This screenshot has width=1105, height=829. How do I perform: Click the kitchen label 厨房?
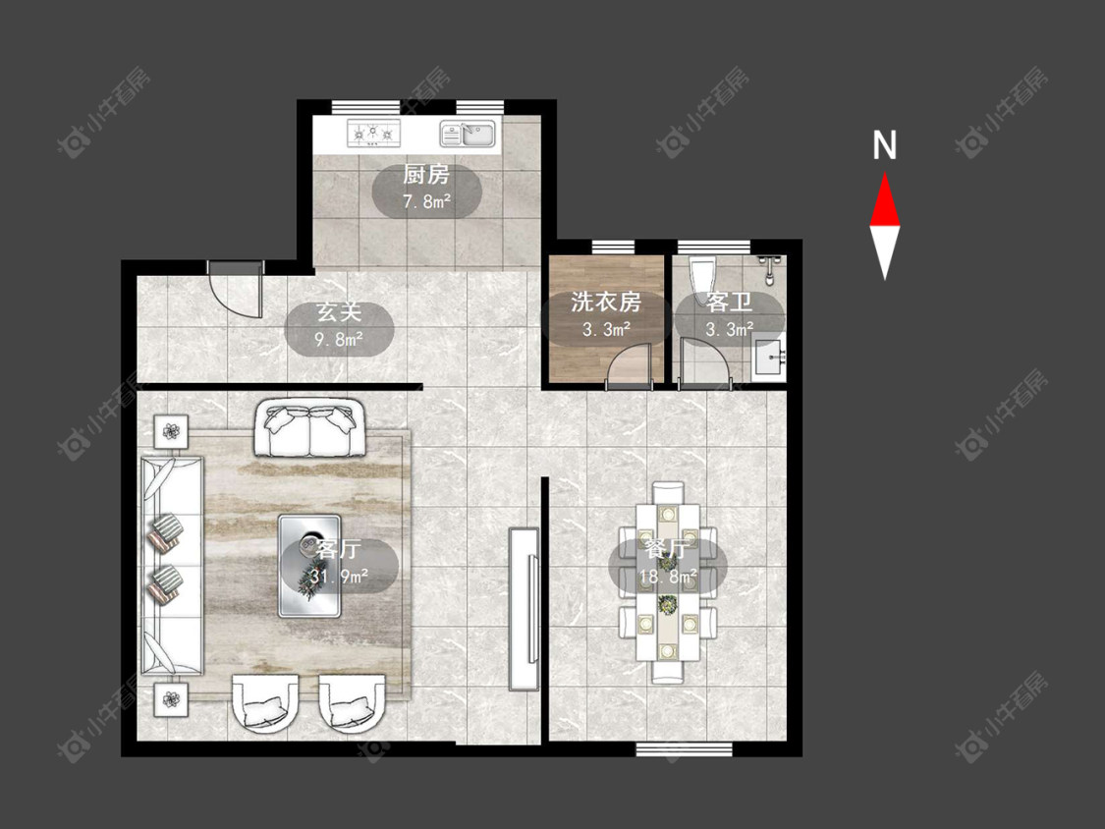425,174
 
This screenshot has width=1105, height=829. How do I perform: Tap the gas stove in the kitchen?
373,133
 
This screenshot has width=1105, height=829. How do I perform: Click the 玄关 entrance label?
339,311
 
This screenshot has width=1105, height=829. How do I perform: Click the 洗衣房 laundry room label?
606,303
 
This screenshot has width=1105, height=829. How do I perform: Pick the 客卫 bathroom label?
730,303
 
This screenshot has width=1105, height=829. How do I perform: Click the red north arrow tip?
884,174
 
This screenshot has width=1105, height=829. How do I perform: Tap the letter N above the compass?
884,145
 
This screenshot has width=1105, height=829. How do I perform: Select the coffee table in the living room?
309,566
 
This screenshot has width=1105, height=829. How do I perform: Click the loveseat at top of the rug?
308,428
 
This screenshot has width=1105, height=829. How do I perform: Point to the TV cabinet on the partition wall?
524,608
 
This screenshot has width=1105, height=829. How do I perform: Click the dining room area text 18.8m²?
667,578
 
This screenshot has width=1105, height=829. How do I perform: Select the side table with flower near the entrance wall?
171,430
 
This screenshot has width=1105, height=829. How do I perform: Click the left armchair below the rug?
264,702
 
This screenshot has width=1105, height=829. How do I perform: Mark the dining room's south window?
684,749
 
